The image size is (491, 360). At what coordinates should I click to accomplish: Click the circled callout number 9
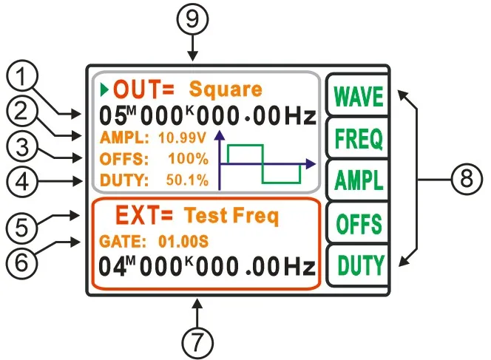(193, 21)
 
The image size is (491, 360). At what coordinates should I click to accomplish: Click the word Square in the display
(225, 90)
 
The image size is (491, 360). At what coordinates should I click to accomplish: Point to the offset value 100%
(192, 157)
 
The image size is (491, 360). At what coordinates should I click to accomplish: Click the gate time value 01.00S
(184, 241)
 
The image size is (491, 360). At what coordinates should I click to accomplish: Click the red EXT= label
(144, 216)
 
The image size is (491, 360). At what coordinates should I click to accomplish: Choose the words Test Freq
(231, 217)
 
